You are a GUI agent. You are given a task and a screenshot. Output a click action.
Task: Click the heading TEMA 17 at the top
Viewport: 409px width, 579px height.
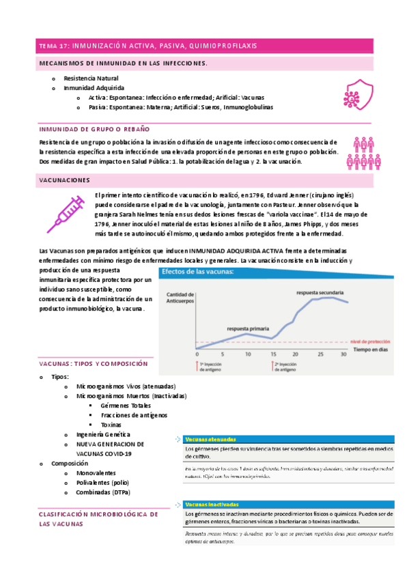coord(147,46)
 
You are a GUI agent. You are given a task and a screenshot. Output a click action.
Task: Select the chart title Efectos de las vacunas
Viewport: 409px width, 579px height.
coord(206,271)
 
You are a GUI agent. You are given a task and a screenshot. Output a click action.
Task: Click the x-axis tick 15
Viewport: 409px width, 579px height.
coord(273,354)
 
